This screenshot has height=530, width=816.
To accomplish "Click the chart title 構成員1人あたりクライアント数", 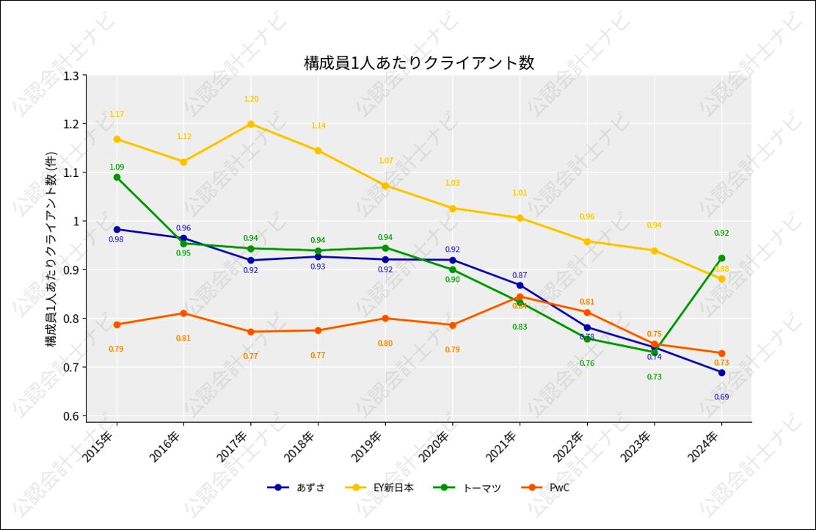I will (x=419, y=62).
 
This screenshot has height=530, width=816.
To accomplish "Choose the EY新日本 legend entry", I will (x=382, y=487).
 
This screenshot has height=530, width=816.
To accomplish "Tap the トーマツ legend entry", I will (x=467, y=487).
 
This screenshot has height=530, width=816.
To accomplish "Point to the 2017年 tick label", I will (x=236, y=446).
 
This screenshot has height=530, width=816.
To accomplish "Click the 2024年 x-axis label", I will (x=707, y=446).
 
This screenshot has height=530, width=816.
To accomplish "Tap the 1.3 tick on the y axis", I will (x=71, y=76).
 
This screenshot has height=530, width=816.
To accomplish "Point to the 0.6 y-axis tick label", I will (x=71, y=416).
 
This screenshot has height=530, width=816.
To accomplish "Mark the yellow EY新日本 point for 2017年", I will (x=251, y=124).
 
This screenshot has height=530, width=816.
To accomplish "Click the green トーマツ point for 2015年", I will (x=117, y=177).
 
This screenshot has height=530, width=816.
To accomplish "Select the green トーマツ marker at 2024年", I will (x=722, y=258).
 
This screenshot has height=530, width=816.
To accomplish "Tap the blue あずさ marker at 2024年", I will (x=722, y=372).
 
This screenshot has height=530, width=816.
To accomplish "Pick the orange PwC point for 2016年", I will (x=183, y=313).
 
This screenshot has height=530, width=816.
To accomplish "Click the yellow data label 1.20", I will (x=251, y=99).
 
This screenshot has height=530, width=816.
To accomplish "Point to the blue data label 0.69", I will (x=722, y=397).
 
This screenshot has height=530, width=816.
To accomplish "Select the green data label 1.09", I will (x=117, y=167).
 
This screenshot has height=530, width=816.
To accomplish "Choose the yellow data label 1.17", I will (x=117, y=114).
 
